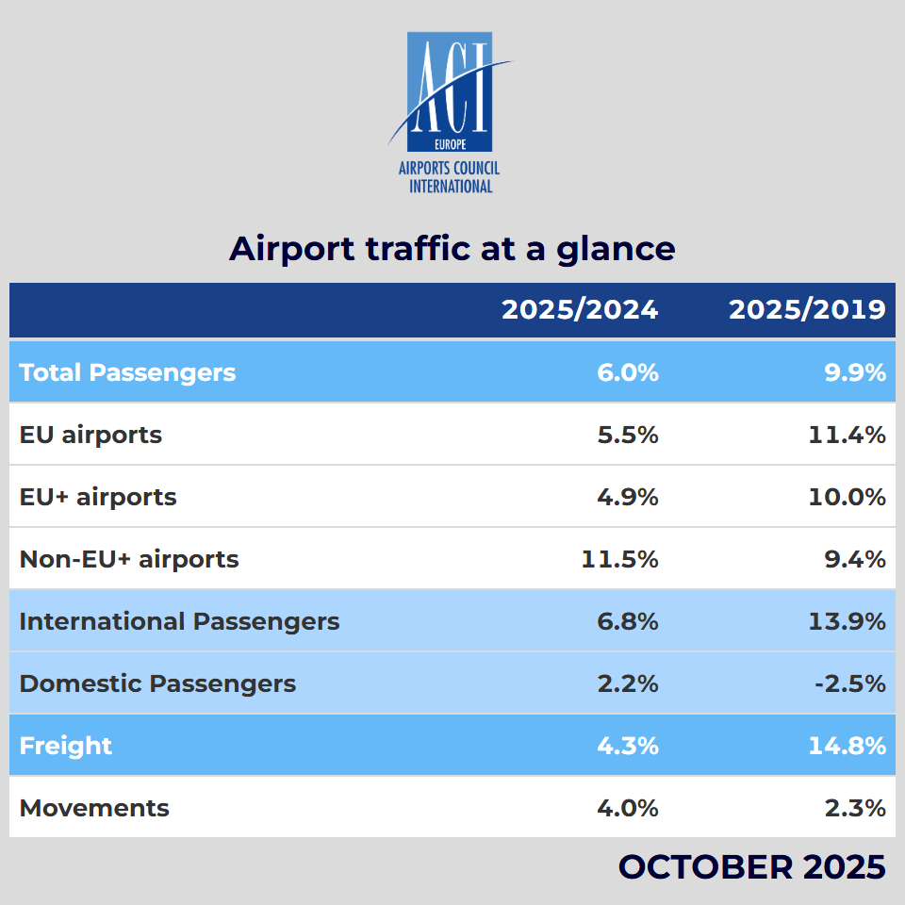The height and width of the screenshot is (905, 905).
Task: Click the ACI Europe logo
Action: click(451, 111)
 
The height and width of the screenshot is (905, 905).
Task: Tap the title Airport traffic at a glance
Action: click(452, 249)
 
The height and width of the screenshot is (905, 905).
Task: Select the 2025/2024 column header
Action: click(580, 310)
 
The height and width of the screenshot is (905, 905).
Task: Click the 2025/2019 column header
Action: click(807, 310)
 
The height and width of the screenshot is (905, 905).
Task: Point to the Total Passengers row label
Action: click(127, 372)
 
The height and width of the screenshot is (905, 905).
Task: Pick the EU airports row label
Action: click(90, 435)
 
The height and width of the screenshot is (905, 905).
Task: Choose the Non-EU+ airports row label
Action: click(129, 559)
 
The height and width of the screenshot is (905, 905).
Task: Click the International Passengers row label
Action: click(179, 621)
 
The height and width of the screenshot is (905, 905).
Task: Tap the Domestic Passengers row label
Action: click(157, 683)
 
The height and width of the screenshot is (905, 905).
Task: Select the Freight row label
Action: click(66, 746)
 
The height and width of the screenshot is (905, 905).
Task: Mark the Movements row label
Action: click(94, 808)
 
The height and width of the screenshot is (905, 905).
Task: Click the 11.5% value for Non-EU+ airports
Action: click(619, 559)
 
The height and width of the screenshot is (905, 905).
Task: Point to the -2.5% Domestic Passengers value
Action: click(850, 683)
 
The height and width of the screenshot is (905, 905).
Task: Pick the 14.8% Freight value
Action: click(847, 746)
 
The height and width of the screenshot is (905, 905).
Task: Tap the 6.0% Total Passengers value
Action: click(628, 372)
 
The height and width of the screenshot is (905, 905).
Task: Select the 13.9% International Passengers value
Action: click(847, 621)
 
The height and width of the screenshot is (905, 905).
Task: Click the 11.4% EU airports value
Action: click(847, 435)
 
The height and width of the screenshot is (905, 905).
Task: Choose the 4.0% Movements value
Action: click(628, 808)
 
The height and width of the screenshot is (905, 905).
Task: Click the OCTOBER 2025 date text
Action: click(751, 866)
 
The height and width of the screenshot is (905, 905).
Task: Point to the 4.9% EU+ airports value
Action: click(628, 497)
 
